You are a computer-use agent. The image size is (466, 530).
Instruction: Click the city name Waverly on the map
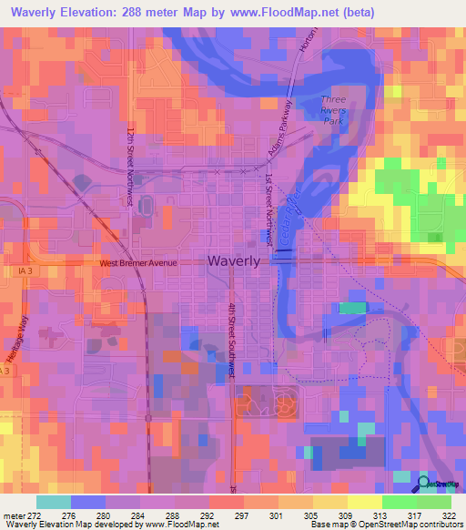coord(234,260)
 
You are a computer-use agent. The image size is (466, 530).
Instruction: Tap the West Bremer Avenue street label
coord(137,263)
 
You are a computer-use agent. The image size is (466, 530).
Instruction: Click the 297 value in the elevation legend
coord(240,515)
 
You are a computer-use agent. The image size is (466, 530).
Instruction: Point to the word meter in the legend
coord(14,515)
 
